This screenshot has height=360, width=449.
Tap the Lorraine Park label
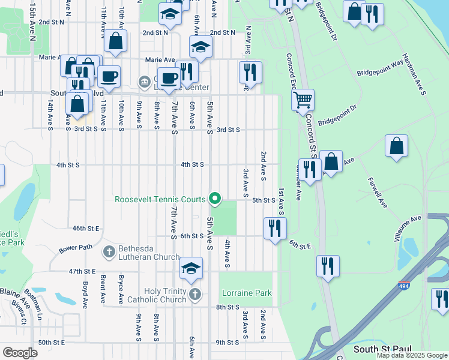coord(246,293)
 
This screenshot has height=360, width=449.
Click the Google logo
coord(20,353)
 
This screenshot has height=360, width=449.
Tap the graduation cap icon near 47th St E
coord(191,268)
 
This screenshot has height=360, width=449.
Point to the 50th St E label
coord(51,342)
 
